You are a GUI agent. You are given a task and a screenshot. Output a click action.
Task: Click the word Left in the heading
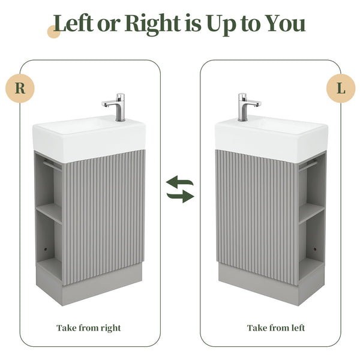(x=73, y=23)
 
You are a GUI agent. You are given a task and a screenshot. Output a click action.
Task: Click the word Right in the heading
(x=152, y=25)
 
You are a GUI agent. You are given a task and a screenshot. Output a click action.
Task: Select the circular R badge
(x=20, y=88)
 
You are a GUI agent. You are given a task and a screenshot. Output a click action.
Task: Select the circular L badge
(x=341, y=88)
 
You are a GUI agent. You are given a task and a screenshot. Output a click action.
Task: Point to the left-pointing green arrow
(x=179, y=181)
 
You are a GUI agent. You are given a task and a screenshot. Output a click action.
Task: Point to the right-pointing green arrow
(x=181, y=197)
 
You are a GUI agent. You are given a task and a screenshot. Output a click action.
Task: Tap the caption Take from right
(x=89, y=328)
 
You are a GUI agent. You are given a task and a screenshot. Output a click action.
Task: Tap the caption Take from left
(x=276, y=328)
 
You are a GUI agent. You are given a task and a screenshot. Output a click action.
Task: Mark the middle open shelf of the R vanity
(x=49, y=213)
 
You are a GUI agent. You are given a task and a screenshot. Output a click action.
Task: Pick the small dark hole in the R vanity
(x=45, y=249)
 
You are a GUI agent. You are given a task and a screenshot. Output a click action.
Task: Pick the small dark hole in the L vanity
(x=315, y=249)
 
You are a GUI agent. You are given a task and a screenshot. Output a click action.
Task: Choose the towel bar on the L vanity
(x=308, y=166)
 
